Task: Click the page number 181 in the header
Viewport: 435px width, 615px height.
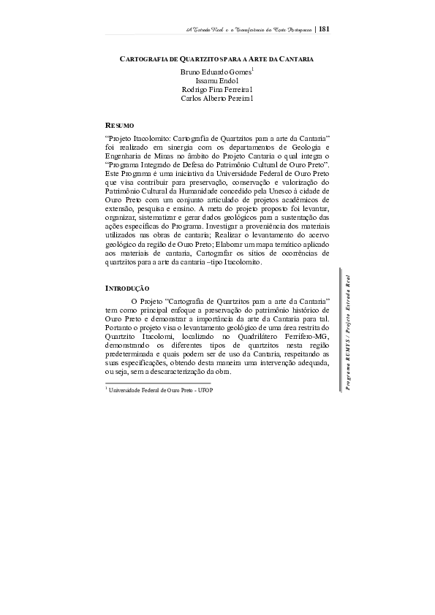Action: click(x=325, y=28)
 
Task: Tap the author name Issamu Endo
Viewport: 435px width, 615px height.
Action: click(x=216, y=81)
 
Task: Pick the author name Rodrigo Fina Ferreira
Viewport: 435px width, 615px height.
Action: click(x=216, y=90)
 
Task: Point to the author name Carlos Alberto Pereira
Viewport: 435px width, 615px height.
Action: click(x=216, y=99)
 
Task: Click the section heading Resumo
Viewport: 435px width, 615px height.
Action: click(x=120, y=126)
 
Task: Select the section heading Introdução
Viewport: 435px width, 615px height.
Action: click(x=128, y=289)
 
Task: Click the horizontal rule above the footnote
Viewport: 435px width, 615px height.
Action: click(x=158, y=382)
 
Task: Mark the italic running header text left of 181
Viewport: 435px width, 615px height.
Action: click(x=247, y=29)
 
